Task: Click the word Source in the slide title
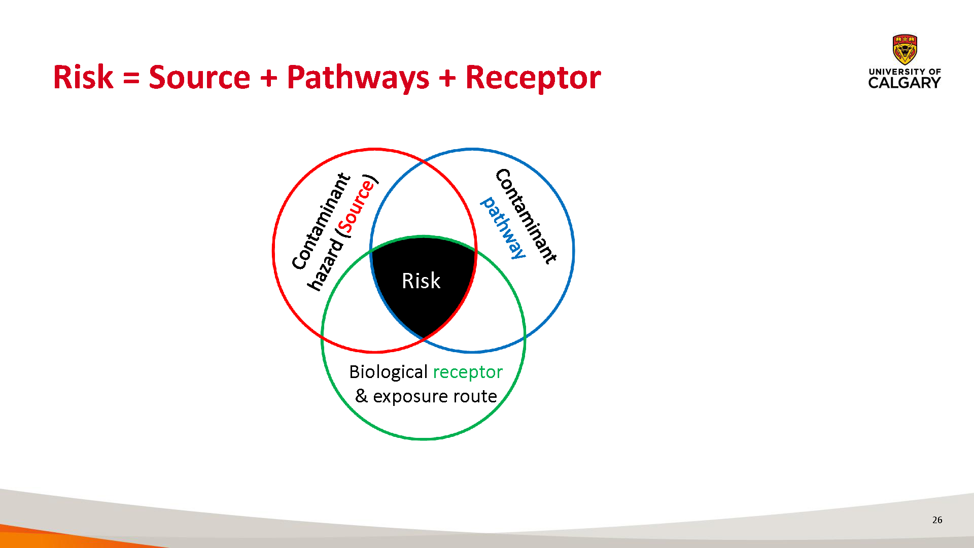tap(199, 77)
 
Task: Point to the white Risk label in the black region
tap(421, 281)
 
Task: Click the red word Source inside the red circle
tap(357, 205)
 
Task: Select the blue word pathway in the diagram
tap(503, 228)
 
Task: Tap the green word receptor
tap(468, 372)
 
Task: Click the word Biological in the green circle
tap(389, 372)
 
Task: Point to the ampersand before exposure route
tap(361, 395)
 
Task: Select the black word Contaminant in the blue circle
tap(526, 216)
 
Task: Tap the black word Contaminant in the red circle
tap(321, 221)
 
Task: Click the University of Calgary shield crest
tap(905, 50)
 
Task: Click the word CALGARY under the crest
tap(905, 83)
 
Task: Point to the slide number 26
tap(937, 520)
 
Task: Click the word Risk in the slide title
tap(83, 77)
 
